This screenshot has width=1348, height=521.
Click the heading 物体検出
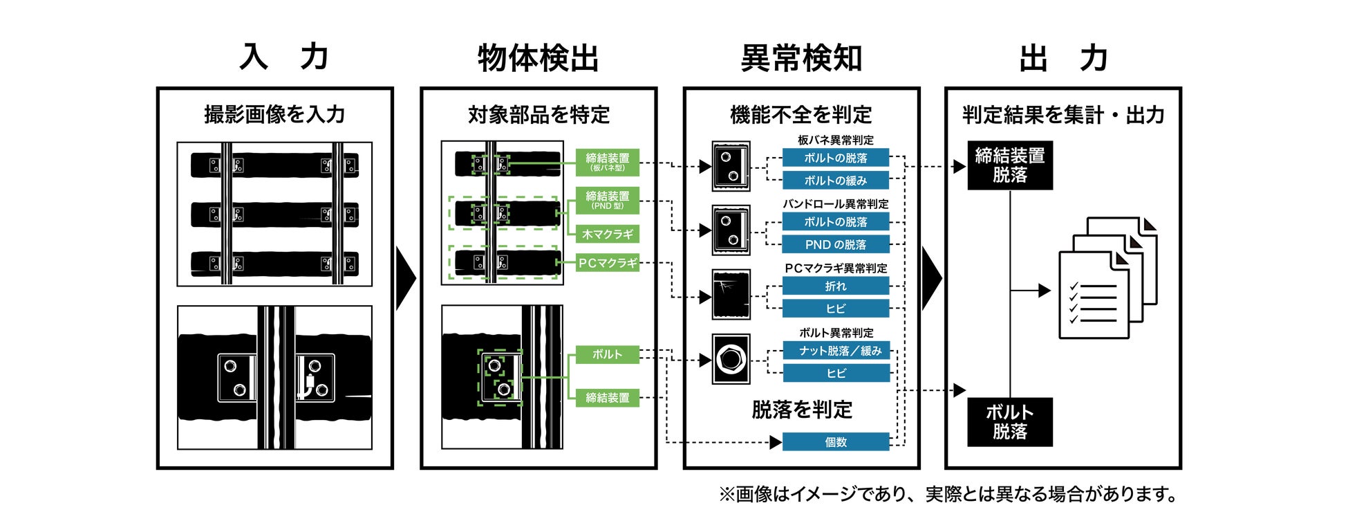pos(538,58)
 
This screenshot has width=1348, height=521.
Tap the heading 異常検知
pos(801,58)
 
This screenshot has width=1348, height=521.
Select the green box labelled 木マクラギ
pos(607,235)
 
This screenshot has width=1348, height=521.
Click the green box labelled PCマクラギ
pos(607,263)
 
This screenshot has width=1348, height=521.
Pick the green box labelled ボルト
pos(607,354)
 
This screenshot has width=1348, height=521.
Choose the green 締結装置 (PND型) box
pos(607,199)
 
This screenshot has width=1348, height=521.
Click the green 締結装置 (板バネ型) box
pos(607,162)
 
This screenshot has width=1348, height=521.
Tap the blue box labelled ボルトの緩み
pos(835,181)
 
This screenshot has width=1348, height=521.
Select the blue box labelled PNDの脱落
pos(835,244)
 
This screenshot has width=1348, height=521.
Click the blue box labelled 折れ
pos(835,286)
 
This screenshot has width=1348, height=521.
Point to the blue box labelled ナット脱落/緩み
pos(835,351)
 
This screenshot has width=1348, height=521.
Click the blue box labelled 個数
pos(835,441)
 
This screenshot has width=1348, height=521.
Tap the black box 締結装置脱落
pos(1009,165)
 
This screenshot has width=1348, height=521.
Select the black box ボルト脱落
pos(1009,421)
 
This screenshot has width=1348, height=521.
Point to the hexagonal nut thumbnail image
pos(731,359)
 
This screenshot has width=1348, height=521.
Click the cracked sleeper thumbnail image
pos(731,295)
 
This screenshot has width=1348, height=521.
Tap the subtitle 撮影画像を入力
pos(274,115)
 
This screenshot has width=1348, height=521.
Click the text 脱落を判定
pos(802,410)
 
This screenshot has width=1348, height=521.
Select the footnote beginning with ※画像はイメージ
pos(948,494)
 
